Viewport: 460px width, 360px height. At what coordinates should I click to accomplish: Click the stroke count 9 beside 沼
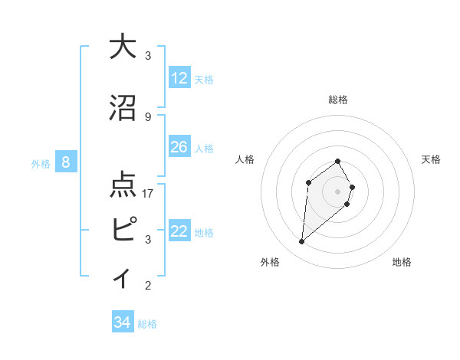coord(148,116)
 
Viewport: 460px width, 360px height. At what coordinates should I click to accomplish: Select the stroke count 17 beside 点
coord(148,193)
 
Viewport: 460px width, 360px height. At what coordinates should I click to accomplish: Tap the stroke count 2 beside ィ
coord(148,286)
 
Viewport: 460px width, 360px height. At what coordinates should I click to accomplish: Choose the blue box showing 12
coord(179,78)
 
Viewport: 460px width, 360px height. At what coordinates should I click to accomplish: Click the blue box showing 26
coord(179,147)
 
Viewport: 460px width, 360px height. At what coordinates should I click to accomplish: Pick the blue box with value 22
coord(179,231)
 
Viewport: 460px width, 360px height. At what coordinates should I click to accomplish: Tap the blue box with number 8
coord(66,162)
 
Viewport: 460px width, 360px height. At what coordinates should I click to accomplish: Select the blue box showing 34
coord(122,322)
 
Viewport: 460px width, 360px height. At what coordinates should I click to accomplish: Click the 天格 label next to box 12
coord(203,80)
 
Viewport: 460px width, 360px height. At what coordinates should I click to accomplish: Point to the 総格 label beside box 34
coord(147,324)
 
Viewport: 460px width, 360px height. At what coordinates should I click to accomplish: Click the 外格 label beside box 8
coord(41,163)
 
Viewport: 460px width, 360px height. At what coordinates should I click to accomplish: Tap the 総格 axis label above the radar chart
coord(338,100)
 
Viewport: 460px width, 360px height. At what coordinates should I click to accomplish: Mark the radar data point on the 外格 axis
coord(302,242)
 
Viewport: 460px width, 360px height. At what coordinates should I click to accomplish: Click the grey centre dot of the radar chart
coord(337,191)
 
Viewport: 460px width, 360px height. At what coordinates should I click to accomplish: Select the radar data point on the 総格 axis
coord(337,161)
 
